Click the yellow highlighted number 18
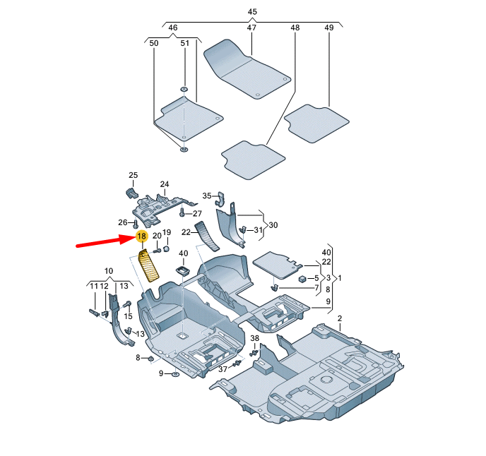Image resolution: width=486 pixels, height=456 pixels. [x=141, y=236]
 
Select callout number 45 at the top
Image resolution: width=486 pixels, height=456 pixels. [x=252, y=12]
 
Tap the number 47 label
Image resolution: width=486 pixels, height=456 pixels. [x=251, y=28]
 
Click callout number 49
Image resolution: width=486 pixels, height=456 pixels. [x=328, y=28]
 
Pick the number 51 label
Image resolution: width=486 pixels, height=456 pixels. [x=184, y=44]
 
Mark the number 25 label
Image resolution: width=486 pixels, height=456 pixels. [x=133, y=175]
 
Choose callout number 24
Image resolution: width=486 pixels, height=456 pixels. [x=164, y=185]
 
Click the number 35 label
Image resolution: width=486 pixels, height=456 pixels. [x=207, y=196]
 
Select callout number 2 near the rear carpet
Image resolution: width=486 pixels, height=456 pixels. [x=339, y=318]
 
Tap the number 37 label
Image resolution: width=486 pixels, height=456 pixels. [x=223, y=369]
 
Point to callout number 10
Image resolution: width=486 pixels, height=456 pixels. [x=109, y=271]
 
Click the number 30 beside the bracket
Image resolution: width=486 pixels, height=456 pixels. [x=273, y=225]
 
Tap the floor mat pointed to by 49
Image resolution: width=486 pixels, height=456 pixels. [x=318, y=123]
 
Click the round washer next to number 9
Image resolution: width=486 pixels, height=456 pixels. [x=175, y=373]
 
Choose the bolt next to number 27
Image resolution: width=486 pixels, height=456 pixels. [x=182, y=212]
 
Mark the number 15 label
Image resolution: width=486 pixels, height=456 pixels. [x=129, y=316]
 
